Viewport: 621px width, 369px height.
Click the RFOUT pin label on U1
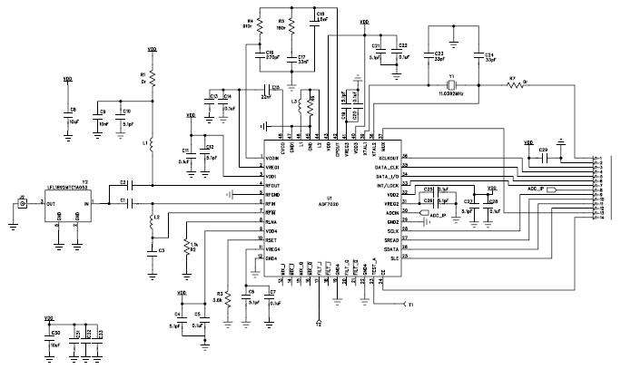click(273, 185)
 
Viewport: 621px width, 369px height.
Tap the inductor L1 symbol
click(152, 144)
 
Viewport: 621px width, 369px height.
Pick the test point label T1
click(409, 305)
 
